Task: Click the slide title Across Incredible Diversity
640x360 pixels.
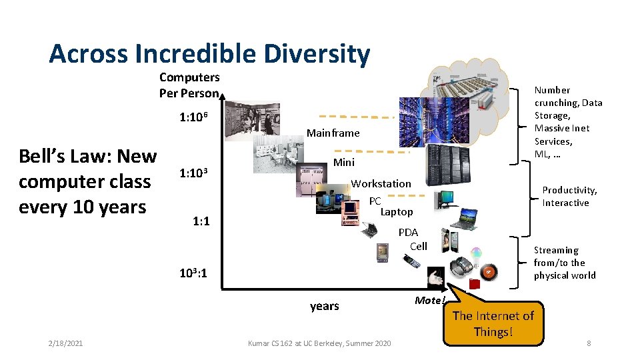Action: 209,54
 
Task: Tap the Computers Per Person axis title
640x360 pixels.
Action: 189,85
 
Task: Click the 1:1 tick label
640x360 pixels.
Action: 201,221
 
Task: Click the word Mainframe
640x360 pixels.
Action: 333,133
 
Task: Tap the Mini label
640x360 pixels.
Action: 344,163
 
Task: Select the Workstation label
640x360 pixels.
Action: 381,183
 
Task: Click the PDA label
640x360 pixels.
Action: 408,233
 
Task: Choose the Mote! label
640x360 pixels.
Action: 429,301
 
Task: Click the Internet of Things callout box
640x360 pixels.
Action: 493,323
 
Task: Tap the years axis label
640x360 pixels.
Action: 325,306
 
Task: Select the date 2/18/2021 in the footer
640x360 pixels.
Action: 65,343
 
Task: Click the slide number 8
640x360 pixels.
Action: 589,343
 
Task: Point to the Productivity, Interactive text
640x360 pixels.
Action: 569,197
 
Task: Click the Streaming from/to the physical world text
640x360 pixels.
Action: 564,263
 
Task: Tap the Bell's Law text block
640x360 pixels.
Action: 87,182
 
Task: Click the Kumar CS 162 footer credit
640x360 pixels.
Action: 319,343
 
